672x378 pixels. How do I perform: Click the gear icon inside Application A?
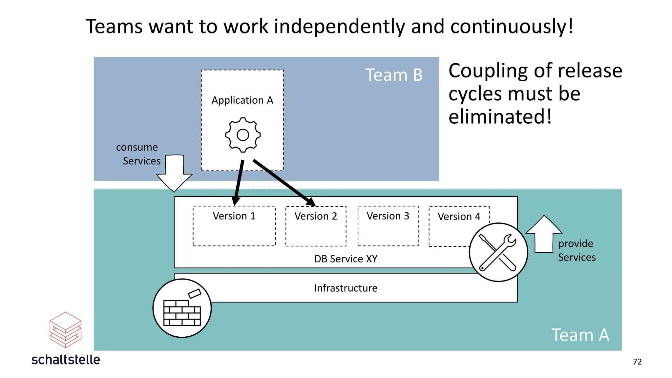(243, 135)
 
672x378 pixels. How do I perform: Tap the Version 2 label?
(316, 216)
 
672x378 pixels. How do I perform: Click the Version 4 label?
(459, 217)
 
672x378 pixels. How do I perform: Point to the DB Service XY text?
(346, 259)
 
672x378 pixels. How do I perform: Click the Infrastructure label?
(346, 288)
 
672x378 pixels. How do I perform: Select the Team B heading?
(394, 75)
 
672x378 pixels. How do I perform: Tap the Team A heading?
(580, 335)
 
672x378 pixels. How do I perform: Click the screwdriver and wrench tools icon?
(498, 252)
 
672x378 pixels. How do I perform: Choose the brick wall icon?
(182, 308)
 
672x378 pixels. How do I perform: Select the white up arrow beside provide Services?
(544, 235)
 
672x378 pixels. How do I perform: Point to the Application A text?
(242, 100)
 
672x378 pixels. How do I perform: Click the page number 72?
(637, 362)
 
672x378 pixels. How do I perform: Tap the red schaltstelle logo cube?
(65, 330)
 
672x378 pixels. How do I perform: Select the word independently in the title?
(339, 27)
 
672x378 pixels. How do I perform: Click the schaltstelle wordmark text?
(66, 360)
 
